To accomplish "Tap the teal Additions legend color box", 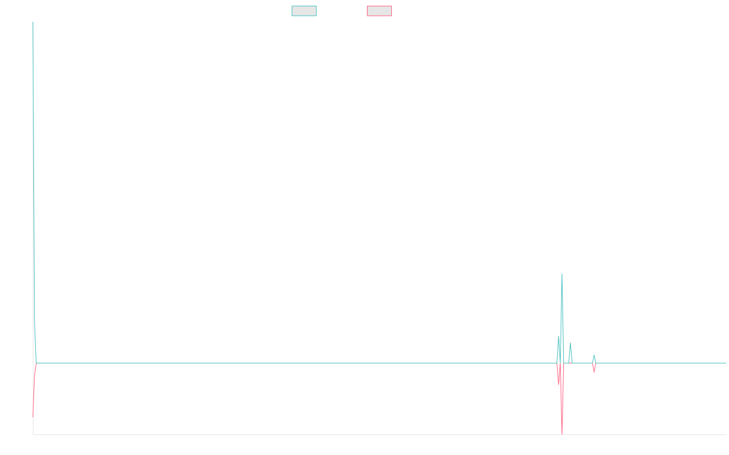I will pyautogui.click(x=304, y=11).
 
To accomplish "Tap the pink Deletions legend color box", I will pyautogui.click(x=380, y=11).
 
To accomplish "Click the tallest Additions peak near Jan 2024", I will pyautogui.click(x=561, y=275).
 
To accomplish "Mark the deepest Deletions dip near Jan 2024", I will pyautogui.click(x=561, y=434).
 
